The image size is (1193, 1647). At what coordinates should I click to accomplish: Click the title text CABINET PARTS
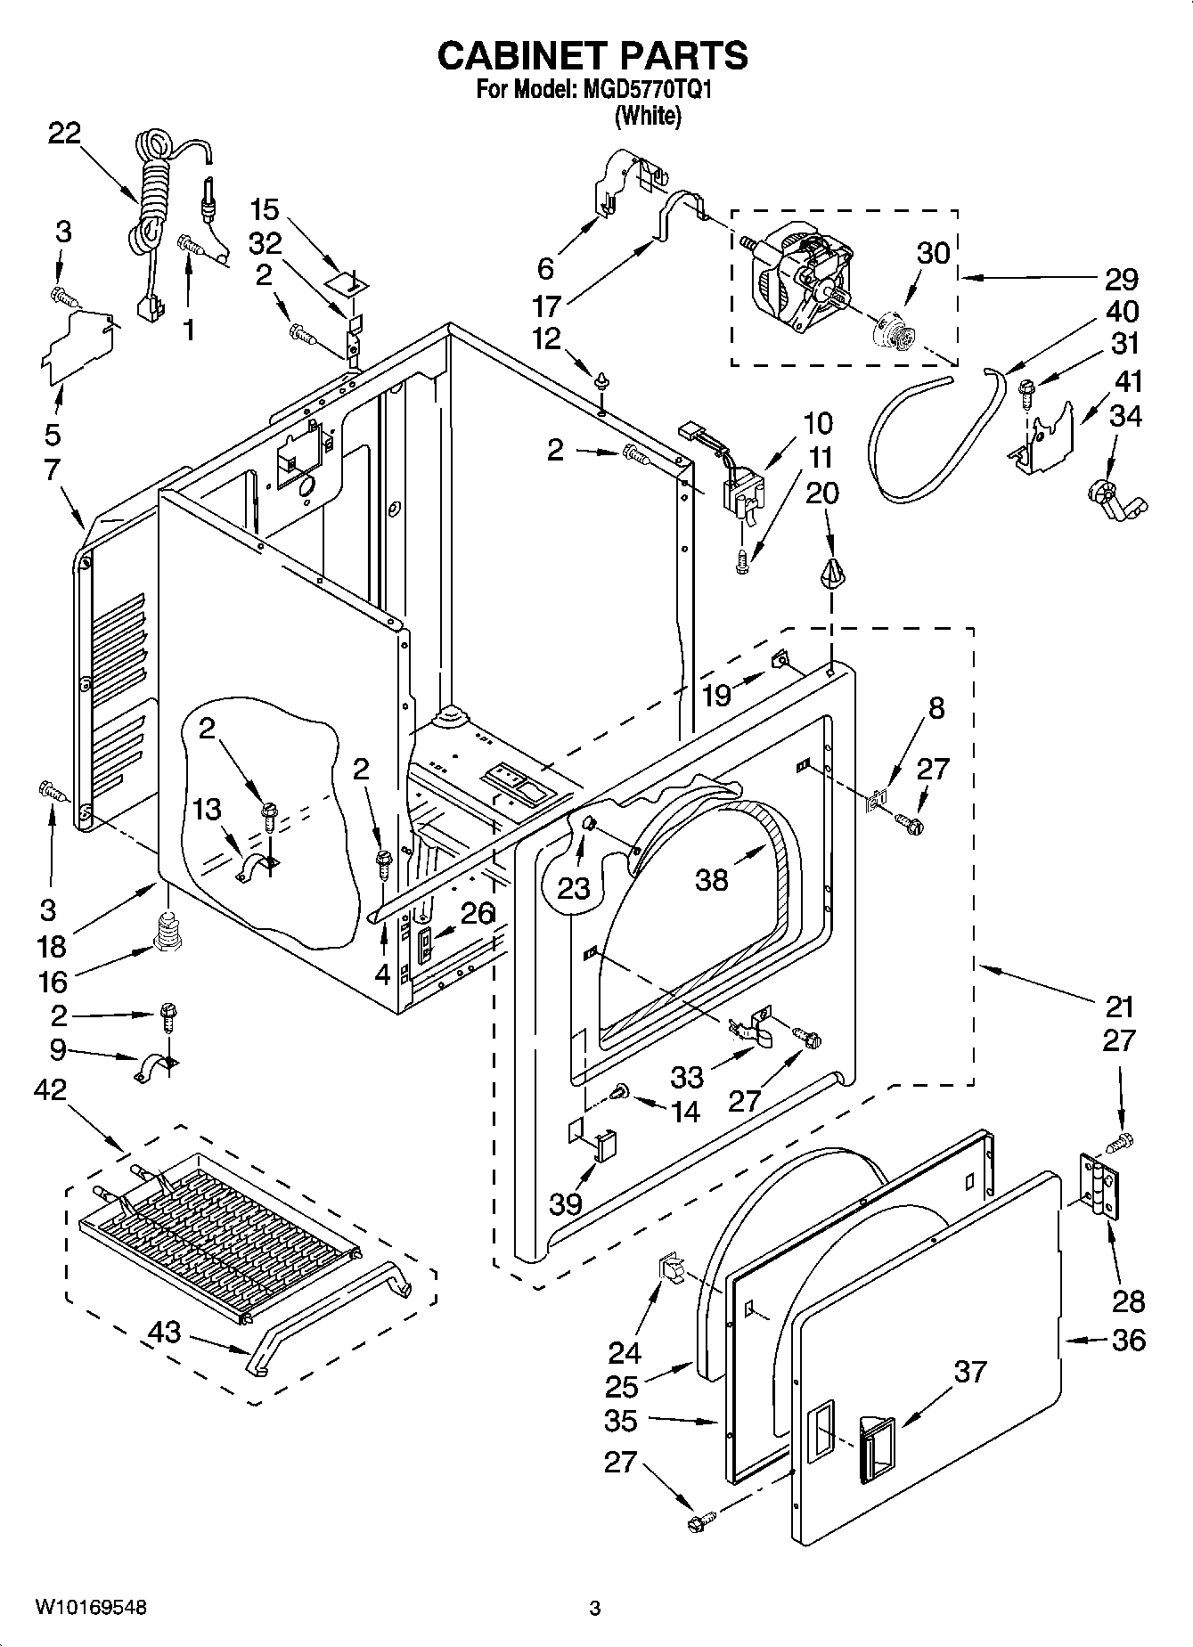coord(592,55)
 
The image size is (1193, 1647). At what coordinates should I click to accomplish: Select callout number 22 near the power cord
coord(64,134)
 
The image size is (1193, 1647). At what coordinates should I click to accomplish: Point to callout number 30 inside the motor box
coord(933,253)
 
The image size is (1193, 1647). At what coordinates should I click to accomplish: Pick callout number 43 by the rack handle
coord(164,1333)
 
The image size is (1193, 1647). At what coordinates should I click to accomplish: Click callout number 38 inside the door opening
coord(713,880)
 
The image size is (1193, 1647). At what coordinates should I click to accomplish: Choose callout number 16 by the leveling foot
coord(53,982)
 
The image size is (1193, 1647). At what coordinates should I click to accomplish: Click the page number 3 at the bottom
coord(595,1609)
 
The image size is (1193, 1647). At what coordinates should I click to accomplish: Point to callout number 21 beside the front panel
coord(1119,1007)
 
